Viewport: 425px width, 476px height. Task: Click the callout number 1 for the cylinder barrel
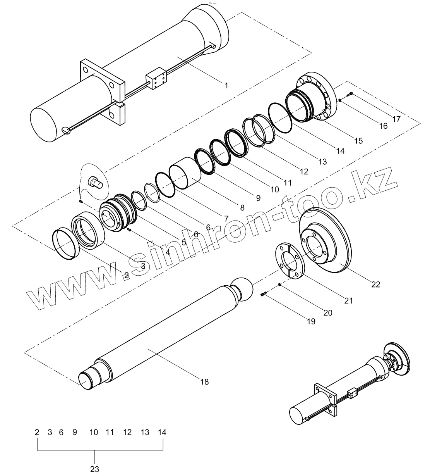click(x=226, y=85)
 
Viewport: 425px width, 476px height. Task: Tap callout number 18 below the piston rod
click(x=204, y=382)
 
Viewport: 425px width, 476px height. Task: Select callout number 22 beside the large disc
click(x=375, y=285)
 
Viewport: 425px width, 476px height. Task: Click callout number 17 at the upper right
click(x=396, y=119)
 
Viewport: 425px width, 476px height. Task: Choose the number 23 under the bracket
click(x=95, y=469)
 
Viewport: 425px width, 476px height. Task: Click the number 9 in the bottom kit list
click(x=75, y=432)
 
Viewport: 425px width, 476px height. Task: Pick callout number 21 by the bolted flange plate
click(x=348, y=300)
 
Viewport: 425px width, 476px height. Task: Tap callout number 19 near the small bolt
click(x=310, y=321)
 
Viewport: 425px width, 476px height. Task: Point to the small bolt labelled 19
click(x=264, y=295)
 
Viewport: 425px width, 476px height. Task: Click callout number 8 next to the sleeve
click(x=242, y=207)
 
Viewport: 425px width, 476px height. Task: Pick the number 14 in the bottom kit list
click(x=162, y=432)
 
